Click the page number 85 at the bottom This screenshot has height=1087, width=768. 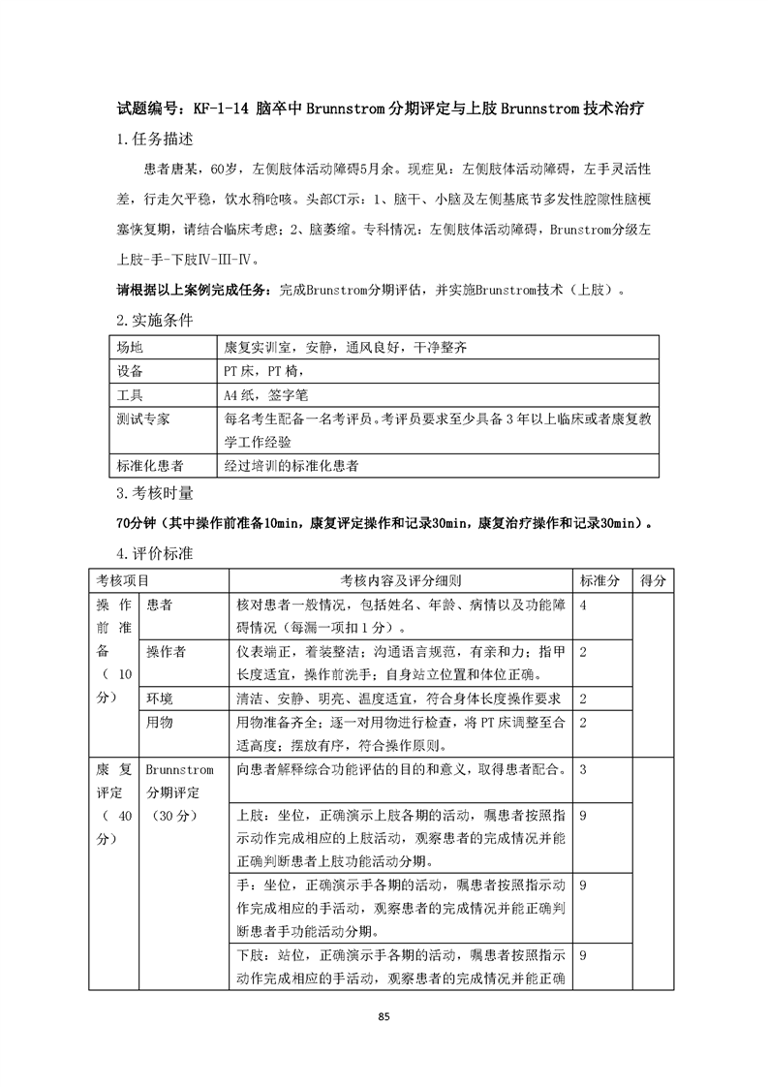point(384,1016)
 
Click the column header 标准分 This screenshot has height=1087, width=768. point(599,579)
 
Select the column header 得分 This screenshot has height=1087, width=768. point(654,579)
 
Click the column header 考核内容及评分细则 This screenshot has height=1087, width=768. point(400,579)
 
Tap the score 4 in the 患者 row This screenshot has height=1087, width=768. point(584,604)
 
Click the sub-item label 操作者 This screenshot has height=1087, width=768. point(166,651)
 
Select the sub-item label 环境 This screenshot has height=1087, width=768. point(159,698)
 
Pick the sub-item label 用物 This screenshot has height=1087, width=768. point(159,722)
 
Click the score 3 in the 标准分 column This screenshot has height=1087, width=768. point(584,769)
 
